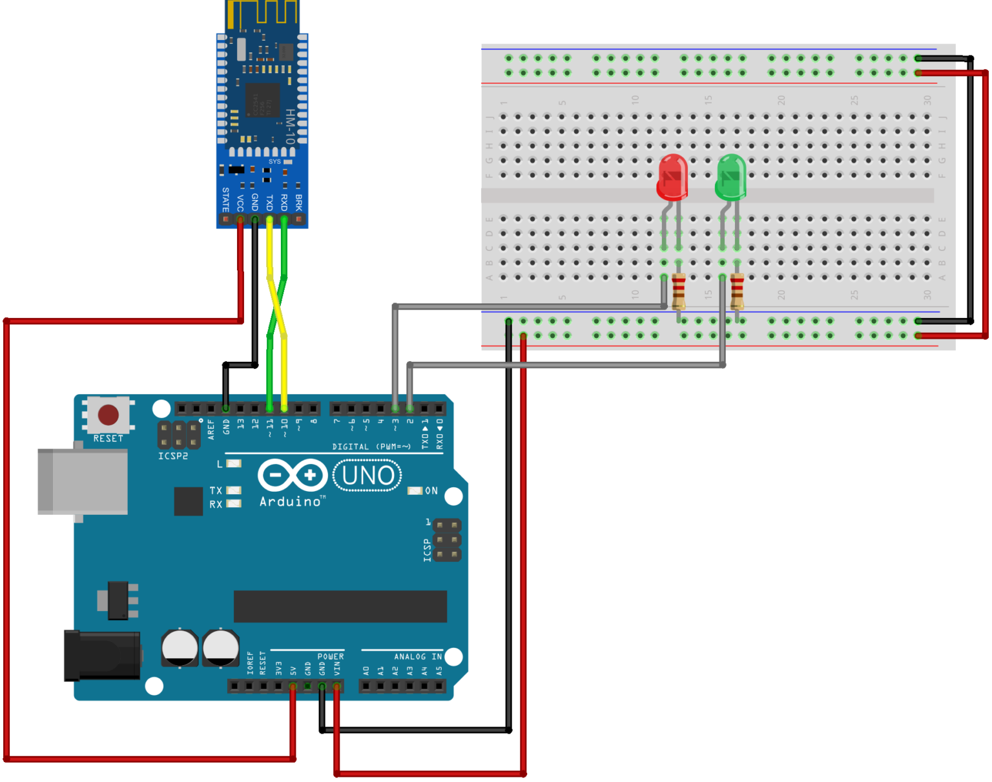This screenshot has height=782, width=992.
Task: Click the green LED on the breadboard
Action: [x=731, y=176]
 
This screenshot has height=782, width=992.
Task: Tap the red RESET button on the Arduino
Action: [x=108, y=414]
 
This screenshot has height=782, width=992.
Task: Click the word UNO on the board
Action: [x=368, y=476]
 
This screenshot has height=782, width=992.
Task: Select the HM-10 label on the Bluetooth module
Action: [x=290, y=126]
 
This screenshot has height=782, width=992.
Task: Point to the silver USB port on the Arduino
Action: [x=82, y=481]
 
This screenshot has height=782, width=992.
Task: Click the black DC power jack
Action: [x=102, y=656]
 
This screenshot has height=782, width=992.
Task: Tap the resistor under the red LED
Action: [x=679, y=292]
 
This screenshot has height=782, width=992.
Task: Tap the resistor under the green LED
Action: [x=737, y=292]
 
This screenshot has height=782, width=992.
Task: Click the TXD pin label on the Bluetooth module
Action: [x=269, y=203]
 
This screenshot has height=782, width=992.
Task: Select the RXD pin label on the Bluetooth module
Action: [x=284, y=203]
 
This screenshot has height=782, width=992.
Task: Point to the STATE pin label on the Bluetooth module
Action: [x=225, y=199]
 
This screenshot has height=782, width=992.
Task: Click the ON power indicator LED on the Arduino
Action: [x=415, y=491]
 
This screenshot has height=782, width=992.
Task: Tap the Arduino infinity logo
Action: [x=293, y=476]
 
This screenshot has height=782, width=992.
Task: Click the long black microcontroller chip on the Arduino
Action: [x=340, y=607]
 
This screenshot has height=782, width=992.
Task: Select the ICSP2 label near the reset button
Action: [x=173, y=456]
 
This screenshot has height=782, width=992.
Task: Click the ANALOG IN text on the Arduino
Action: [x=418, y=657]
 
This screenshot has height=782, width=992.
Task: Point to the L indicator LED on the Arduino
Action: [x=234, y=463]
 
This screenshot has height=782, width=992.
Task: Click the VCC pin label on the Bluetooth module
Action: [x=240, y=203]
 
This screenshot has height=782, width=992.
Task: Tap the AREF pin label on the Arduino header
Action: [x=211, y=429]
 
